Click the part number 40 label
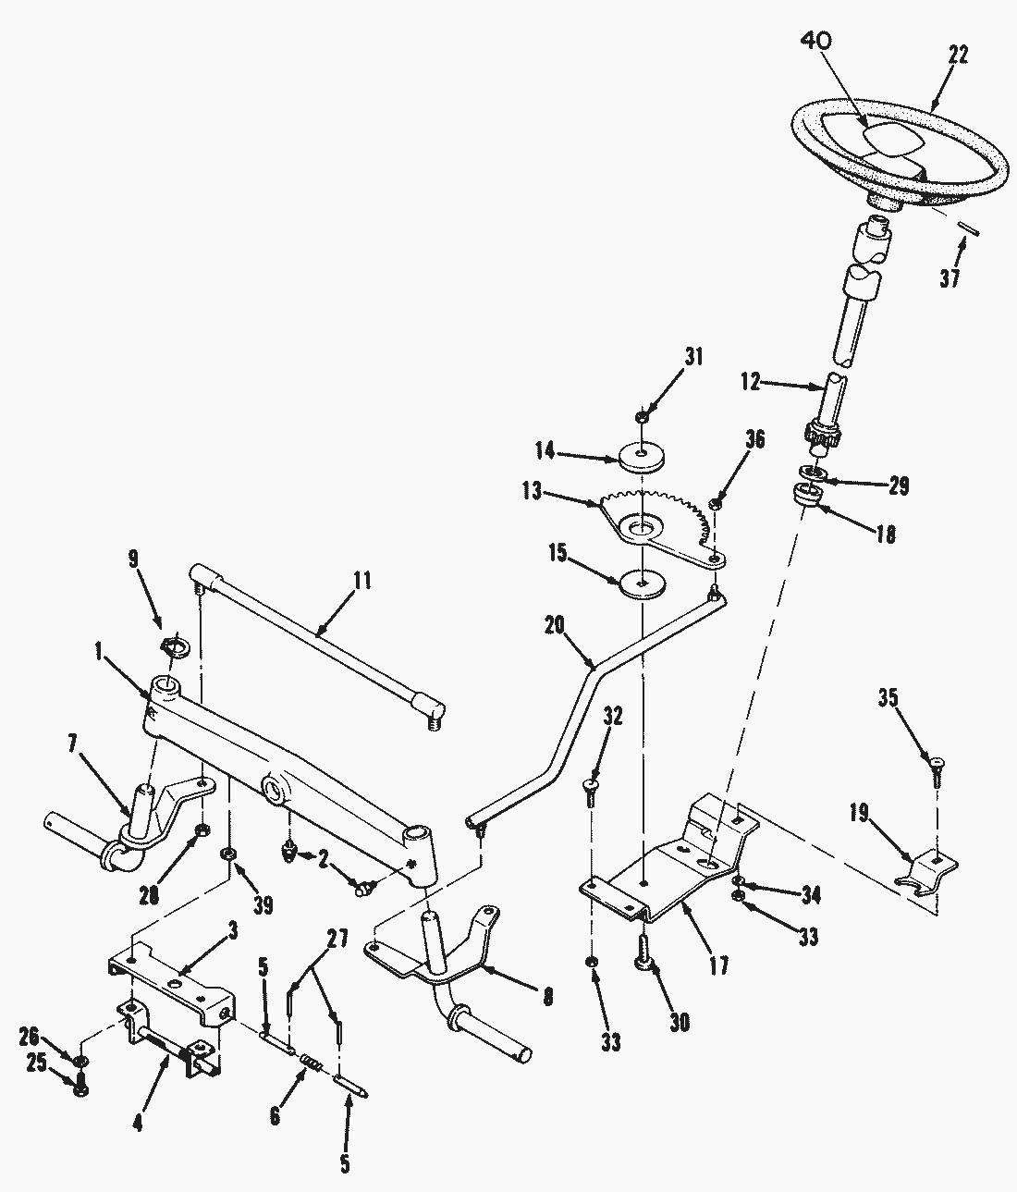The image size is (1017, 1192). [x=815, y=41]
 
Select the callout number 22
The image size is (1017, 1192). [x=958, y=55]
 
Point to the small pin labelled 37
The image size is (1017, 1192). [x=969, y=227]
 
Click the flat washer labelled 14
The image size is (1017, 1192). [x=641, y=458]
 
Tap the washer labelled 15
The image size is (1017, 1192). [x=642, y=584]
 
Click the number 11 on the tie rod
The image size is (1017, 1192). [x=361, y=580]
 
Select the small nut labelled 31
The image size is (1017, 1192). [x=641, y=416]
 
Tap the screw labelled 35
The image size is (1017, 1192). [x=937, y=773]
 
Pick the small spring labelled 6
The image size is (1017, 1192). [x=312, y=1061]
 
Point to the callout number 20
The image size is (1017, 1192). [x=555, y=626]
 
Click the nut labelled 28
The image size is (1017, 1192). [x=202, y=831]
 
